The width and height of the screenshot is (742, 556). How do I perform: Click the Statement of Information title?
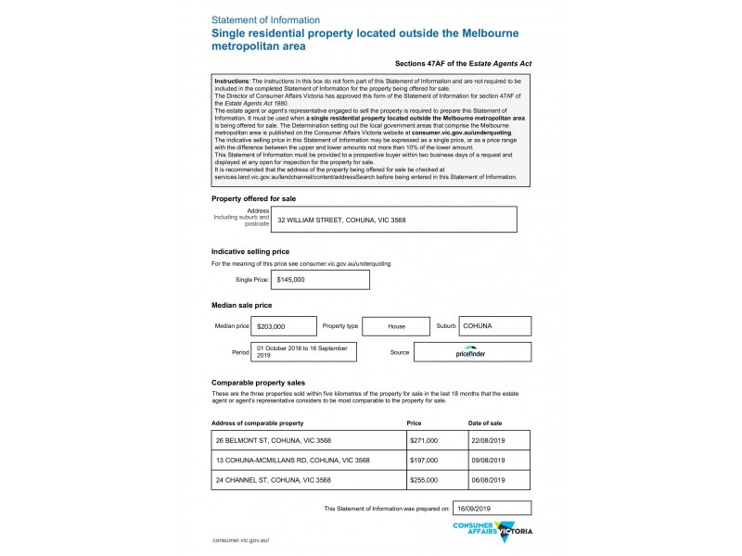pyautogui.click(x=266, y=19)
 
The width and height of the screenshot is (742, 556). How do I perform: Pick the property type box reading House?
pyautogui.click(x=396, y=326)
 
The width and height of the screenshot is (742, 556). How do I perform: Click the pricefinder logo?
pyautogui.click(x=472, y=352)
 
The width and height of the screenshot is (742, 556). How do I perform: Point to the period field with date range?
pyautogui.click(x=305, y=351)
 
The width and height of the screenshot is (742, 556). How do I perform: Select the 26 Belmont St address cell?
pyautogui.click(x=308, y=440)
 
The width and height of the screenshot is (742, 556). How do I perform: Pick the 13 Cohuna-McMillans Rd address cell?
pyautogui.click(x=308, y=461)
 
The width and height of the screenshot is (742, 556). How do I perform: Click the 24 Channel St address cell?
pyautogui.click(x=308, y=480)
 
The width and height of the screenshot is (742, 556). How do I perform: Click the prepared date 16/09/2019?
pyautogui.click(x=491, y=508)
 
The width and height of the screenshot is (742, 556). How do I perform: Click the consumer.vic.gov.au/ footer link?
pyautogui.click(x=240, y=539)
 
